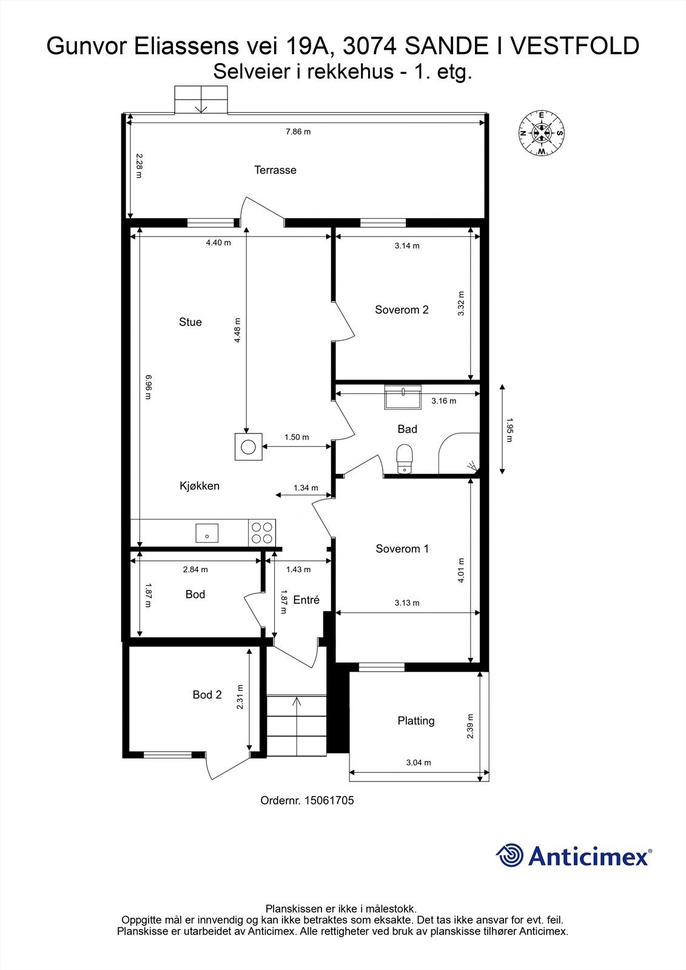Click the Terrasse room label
pyautogui.click(x=275, y=170)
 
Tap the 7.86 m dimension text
pyautogui.click(x=298, y=132)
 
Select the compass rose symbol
pyautogui.click(x=541, y=133)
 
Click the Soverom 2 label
pyautogui.click(x=402, y=310)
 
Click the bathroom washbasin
pyautogui.click(x=403, y=398)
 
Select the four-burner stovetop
pyautogui.click(x=262, y=532)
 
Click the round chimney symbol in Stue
pyautogui.click(x=248, y=447)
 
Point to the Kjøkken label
pyautogui.click(x=200, y=486)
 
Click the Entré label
pyautogui.click(x=306, y=600)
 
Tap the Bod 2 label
pyautogui.click(x=207, y=695)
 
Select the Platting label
pyautogui.click(x=416, y=721)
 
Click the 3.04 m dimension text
pyautogui.click(x=419, y=763)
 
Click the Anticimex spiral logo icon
pyautogui.click(x=509, y=855)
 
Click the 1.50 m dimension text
pyautogui.click(x=297, y=437)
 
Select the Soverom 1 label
pyautogui.click(x=402, y=549)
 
